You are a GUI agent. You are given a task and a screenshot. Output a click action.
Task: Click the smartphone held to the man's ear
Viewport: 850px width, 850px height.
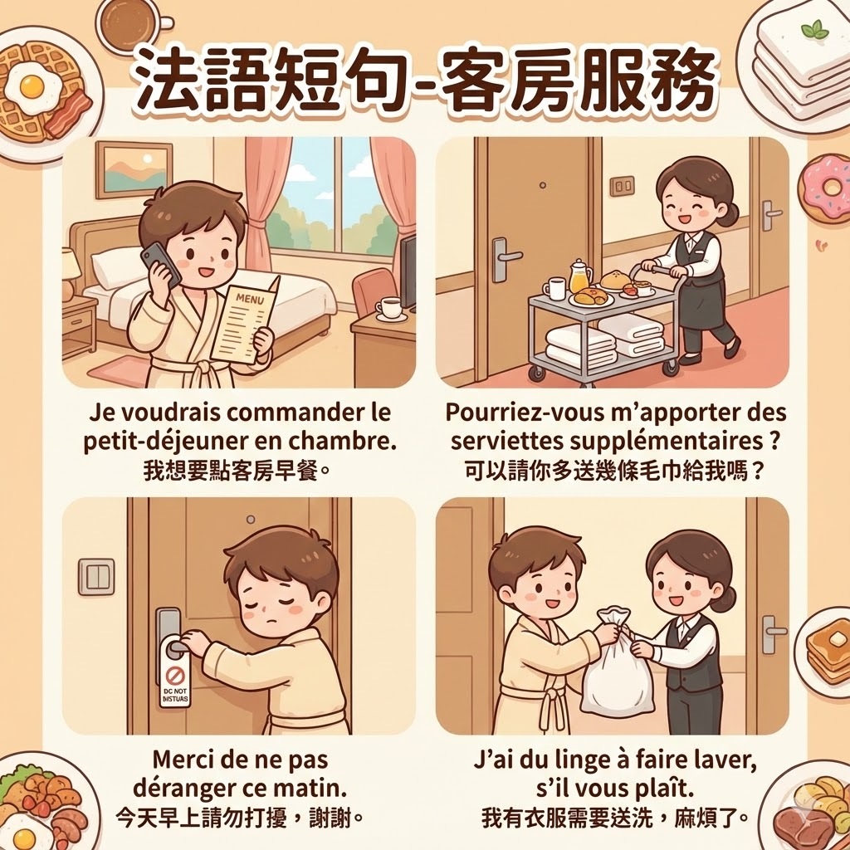point(160,265)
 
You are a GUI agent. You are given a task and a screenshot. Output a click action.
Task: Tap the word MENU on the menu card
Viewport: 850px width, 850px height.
point(250,299)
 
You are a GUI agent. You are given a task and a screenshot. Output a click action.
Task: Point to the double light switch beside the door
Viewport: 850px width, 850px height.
point(96,578)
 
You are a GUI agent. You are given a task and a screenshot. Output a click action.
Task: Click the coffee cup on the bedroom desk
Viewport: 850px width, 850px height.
point(390,308)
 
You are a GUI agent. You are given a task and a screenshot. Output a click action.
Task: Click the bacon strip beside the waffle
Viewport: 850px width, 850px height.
point(68,114)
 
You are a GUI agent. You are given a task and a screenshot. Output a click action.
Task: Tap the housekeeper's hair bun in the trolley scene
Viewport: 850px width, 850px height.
point(730,213)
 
